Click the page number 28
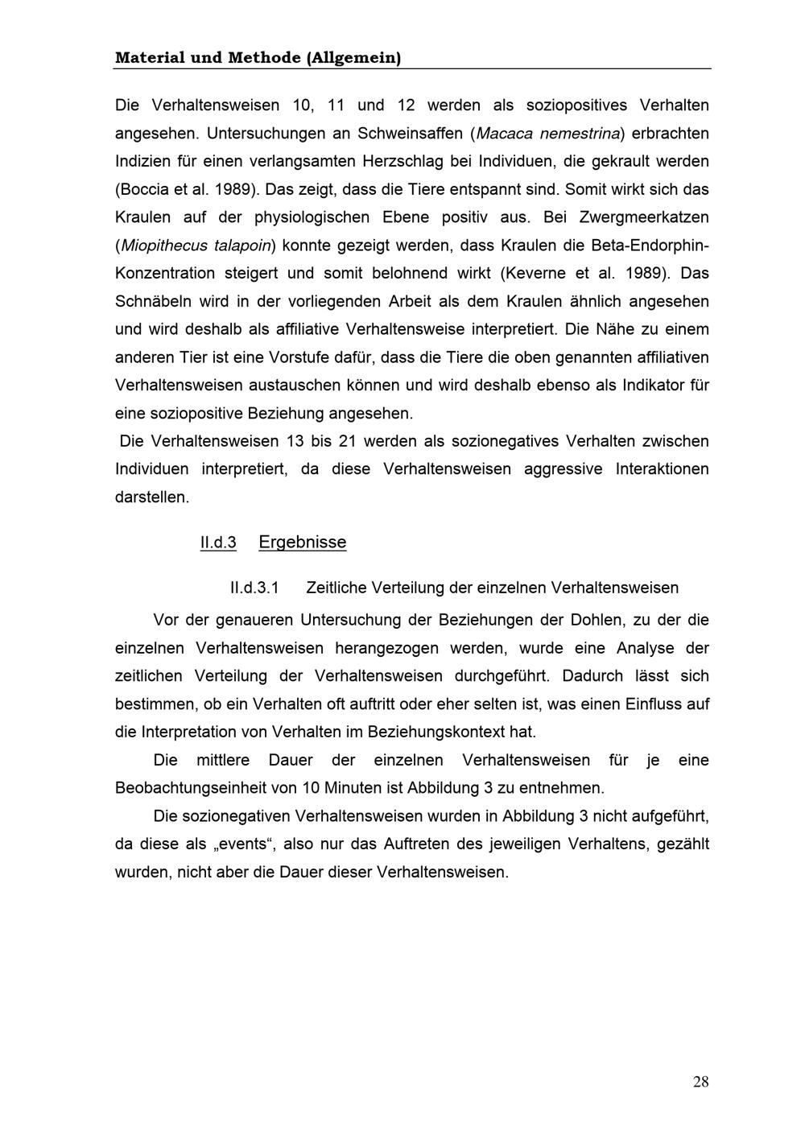[x=700, y=1082]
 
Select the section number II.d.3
[x=218, y=543]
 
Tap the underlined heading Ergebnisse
[x=302, y=543]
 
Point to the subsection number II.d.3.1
[x=254, y=588]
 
